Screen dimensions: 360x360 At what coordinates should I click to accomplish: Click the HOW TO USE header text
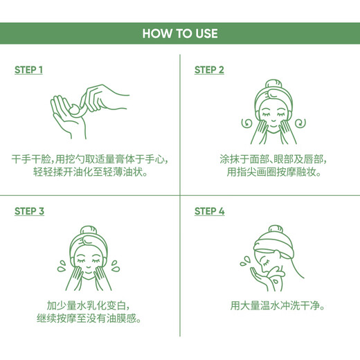(180, 33)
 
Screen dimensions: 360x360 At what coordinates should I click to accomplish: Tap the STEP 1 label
(29, 70)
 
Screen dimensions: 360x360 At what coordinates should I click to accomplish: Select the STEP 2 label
(209, 70)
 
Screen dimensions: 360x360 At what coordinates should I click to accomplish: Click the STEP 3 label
(29, 211)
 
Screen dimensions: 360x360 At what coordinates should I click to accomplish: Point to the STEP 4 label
(209, 211)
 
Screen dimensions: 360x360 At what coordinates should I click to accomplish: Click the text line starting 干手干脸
(90, 159)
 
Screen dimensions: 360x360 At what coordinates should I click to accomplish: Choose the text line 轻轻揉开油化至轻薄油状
(90, 173)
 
